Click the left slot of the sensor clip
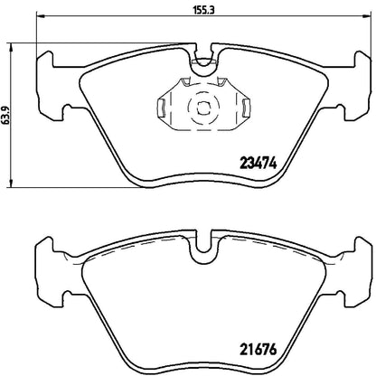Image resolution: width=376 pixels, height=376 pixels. pos(161,110)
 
